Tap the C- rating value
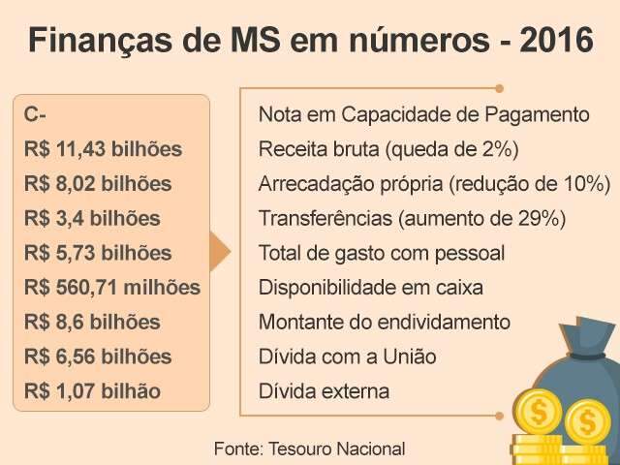[x=36, y=114]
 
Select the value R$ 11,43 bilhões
[x=104, y=149]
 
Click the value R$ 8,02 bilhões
[x=98, y=184]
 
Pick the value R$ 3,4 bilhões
[x=93, y=219]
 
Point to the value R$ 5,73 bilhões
[x=98, y=254]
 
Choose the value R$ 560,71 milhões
[x=112, y=288]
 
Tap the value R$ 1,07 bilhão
[x=93, y=392]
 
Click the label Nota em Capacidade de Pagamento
[x=423, y=114]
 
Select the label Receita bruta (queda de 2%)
[x=388, y=149]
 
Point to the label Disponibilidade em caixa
[x=370, y=288]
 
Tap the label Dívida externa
[x=324, y=392]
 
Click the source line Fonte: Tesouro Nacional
[x=309, y=449]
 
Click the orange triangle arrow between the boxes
[x=221, y=253]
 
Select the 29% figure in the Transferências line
[x=540, y=219]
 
